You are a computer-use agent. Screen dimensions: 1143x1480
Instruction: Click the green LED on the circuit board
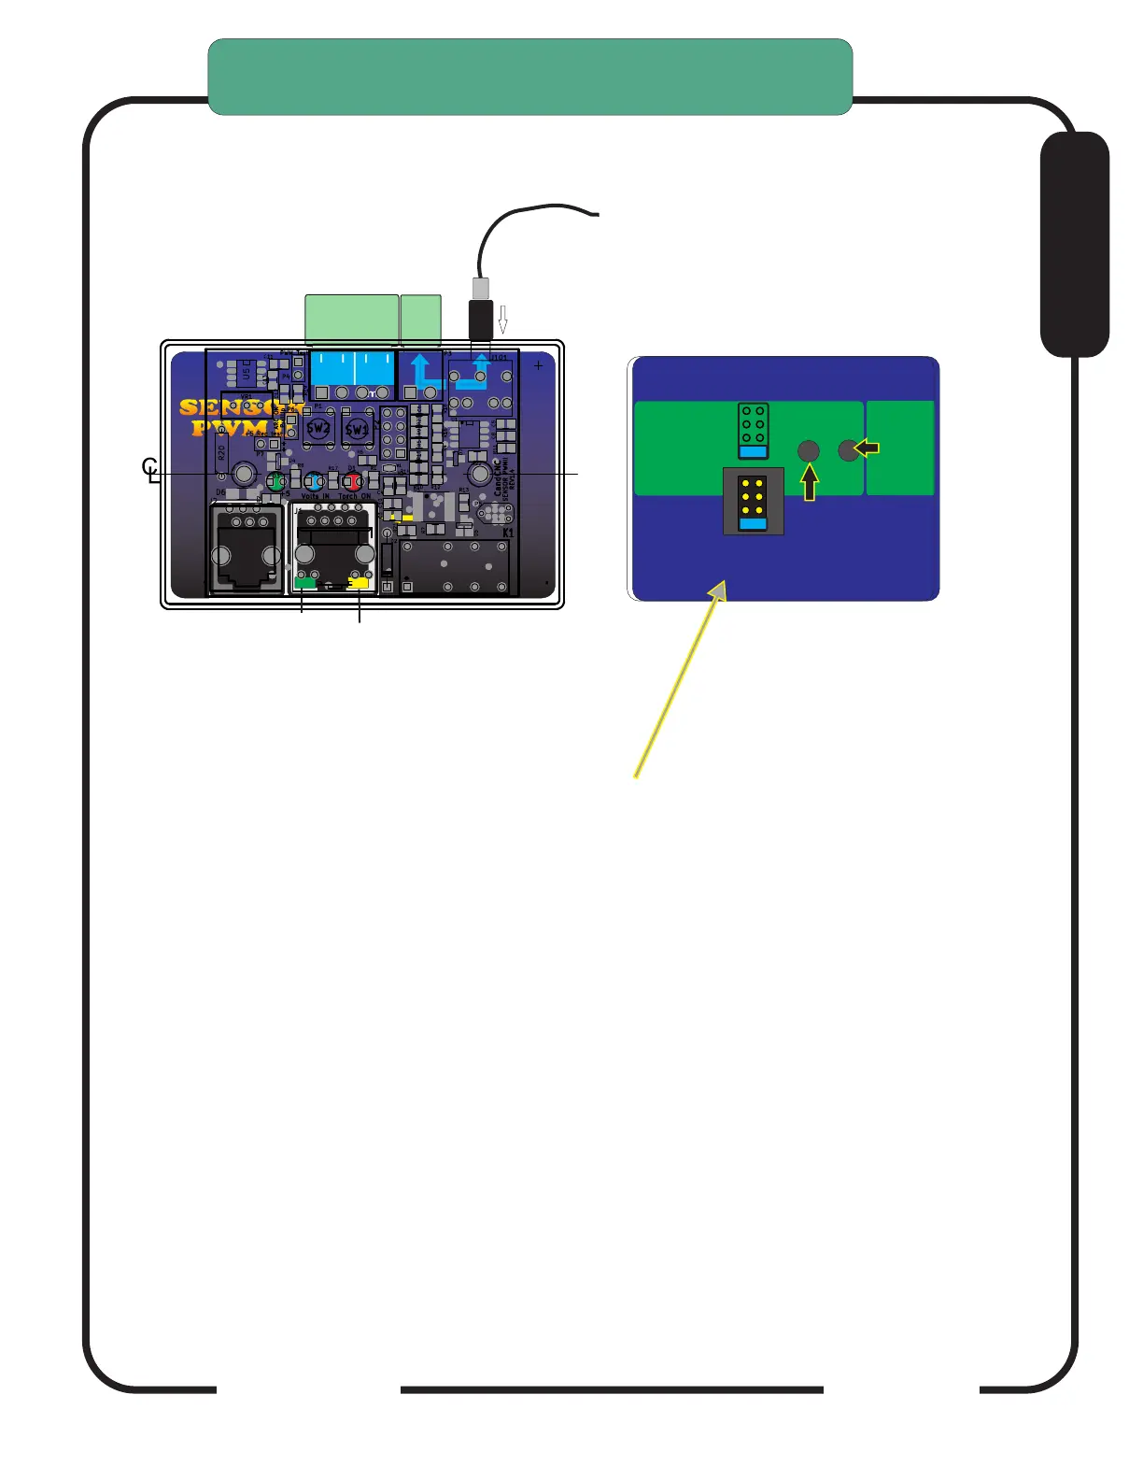tap(275, 482)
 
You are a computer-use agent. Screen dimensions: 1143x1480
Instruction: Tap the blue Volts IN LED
tap(315, 482)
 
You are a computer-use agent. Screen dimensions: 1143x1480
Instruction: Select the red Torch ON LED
tap(353, 482)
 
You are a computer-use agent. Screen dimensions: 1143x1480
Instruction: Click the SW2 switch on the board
tap(318, 429)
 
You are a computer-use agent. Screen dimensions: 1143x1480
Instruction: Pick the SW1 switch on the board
tap(357, 429)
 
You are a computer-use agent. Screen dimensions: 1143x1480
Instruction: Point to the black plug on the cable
tap(480, 320)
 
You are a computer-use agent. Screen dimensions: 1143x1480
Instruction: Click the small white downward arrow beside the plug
tap(502, 320)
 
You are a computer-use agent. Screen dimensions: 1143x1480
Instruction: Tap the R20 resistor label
tap(221, 453)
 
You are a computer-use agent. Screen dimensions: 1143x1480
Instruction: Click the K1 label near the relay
tap(508, 533)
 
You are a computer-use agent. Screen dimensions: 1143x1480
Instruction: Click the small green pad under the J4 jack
tap(304, 583)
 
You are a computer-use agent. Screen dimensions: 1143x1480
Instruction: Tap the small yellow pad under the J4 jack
tap(358, 583)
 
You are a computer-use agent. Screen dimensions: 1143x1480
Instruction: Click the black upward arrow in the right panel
tap(810, 482)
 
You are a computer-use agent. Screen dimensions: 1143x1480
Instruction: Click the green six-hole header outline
tap(753, 431)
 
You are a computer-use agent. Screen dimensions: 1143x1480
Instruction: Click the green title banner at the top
tap(529, 77)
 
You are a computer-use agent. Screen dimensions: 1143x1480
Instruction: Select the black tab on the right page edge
tap(1074, 244)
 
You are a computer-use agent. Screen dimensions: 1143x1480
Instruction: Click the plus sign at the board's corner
tap(538, 366)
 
